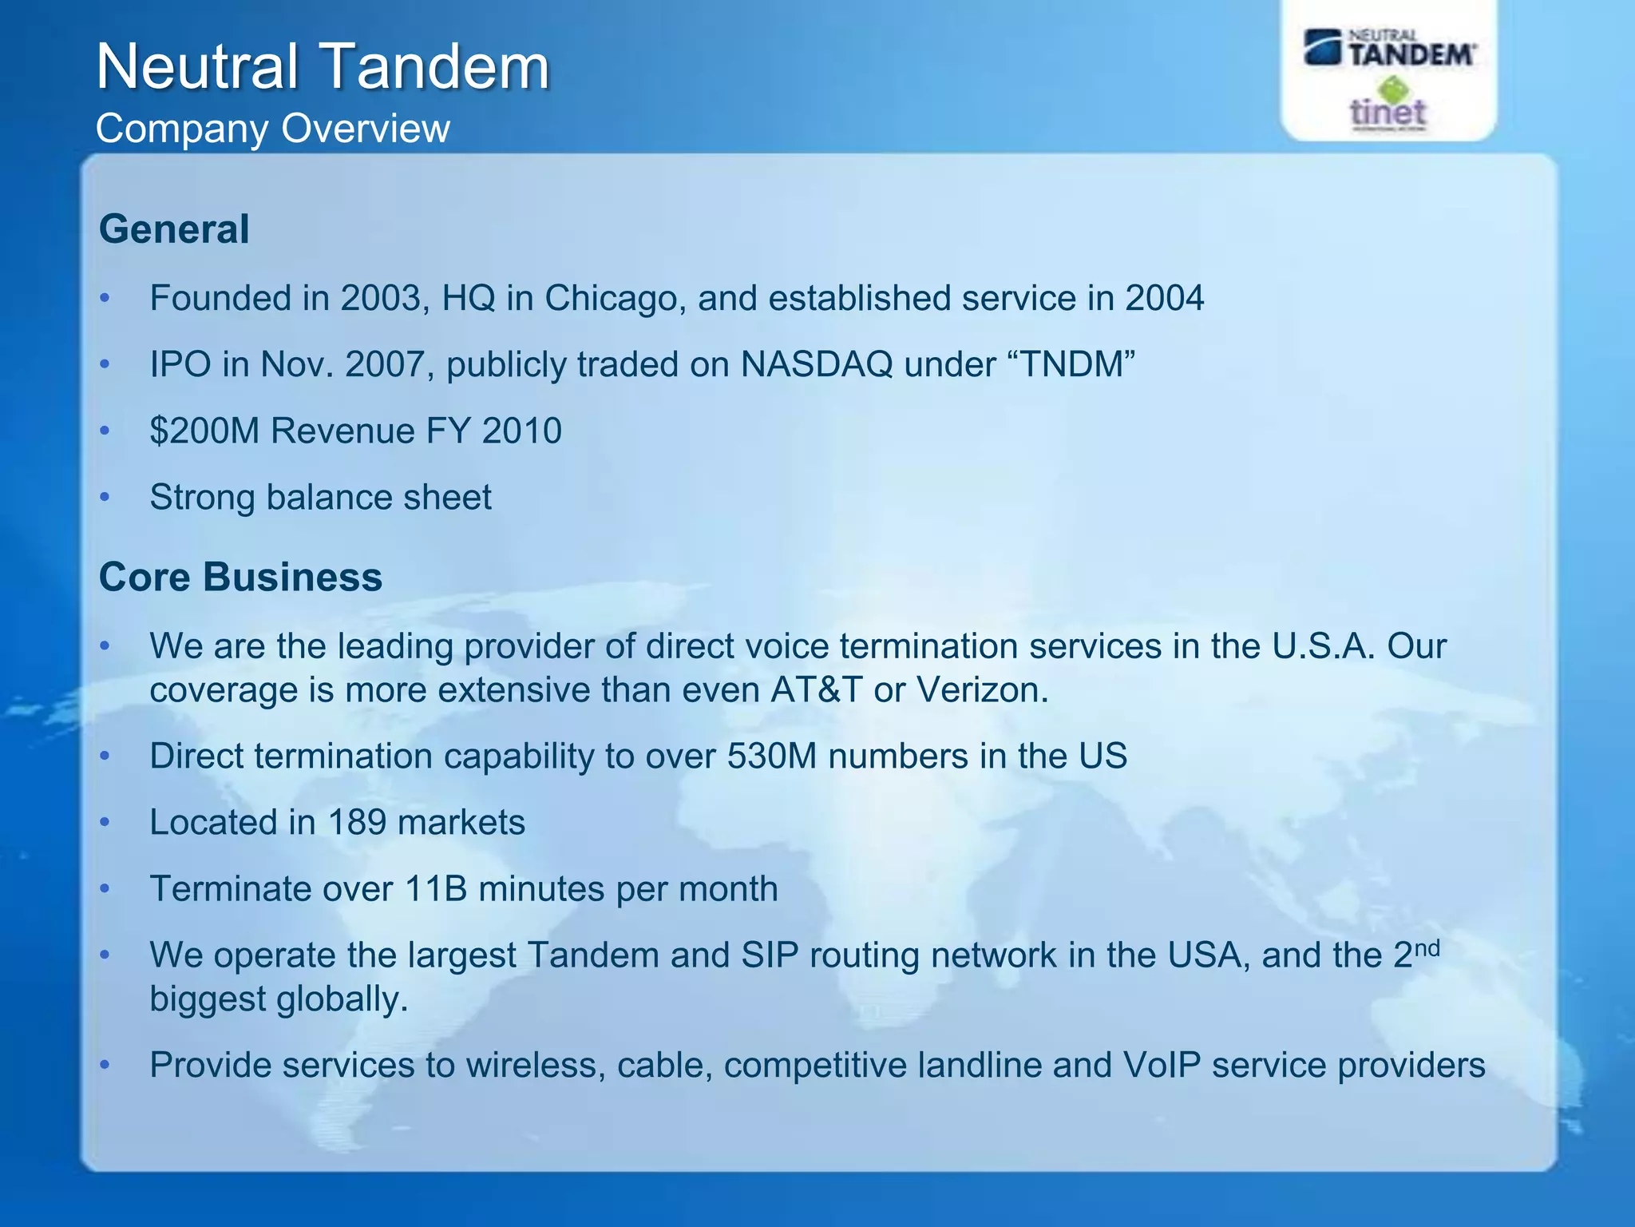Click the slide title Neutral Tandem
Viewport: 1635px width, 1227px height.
point(323,67)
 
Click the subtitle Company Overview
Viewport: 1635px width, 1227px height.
point(272,129)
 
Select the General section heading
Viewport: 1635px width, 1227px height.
point(174,229)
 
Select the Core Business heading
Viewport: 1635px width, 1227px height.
point(240,577)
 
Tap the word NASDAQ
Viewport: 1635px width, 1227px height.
point(816,365)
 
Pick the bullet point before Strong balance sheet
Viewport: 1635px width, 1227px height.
point(105,498)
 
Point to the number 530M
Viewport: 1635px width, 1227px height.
point(771,756)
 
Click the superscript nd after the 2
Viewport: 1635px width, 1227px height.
point(1427,948)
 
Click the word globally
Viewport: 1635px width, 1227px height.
point(342,999)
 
